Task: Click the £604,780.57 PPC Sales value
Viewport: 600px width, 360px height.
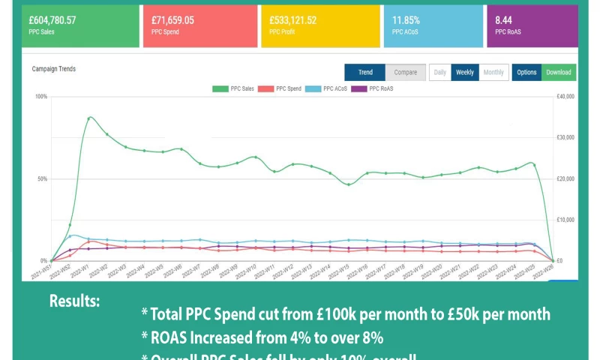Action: coord(52,20)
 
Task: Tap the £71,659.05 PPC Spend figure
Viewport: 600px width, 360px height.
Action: coord(172,20)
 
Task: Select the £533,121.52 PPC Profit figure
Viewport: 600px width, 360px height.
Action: coord(298,20)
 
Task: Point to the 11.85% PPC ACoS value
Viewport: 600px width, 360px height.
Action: coord(406,20)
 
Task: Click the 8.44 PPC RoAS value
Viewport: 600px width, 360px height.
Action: coord(503,20)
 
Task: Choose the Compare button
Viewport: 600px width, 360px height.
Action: coord(406,73)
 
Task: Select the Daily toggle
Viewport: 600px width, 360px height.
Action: coord(440,73)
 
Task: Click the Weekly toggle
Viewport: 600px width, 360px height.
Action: coord(465,73)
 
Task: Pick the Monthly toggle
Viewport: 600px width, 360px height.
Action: coord(493,73)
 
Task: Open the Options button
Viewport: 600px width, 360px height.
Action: coord(526,73)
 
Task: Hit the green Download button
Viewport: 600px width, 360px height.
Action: coord(559,73)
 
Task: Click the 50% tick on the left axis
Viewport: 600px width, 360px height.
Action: coord(41,179)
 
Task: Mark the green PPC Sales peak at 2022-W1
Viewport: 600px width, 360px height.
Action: coord(89,118)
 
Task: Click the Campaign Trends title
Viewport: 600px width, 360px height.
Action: coord(54,69)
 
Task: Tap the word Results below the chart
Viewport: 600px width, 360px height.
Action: coord(74,301)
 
